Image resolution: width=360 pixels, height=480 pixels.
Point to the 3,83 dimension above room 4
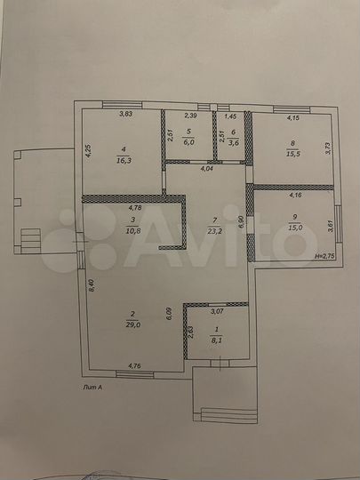click(125, 115)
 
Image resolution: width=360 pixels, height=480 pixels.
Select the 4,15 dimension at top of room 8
click(292, 116)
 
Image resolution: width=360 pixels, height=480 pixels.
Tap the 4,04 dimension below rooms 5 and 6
click(206, 168)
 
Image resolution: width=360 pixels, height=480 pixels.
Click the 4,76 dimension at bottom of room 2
click(134, 365)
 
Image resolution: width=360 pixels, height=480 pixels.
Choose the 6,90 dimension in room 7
click(241, 221)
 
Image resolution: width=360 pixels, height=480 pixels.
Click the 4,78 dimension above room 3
click(131, 208)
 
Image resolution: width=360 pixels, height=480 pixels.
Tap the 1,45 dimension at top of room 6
click(229, 116)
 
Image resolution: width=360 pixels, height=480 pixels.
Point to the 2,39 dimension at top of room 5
click(190, 116)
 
